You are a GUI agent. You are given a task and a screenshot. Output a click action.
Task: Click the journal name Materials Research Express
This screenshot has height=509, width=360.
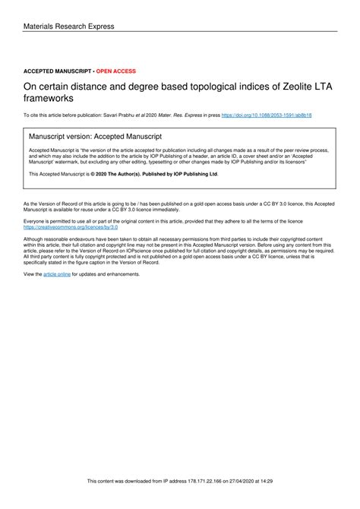pyautogui.click(x=69, y=27)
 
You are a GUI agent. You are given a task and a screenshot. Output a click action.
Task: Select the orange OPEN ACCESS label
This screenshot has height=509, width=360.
pyautogui.click(x=116, y=70)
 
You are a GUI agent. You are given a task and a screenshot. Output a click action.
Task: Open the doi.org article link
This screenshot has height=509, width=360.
pyautogui.click(x=267, y=115)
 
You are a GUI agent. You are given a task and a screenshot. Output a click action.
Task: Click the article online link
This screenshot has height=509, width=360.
pyautogui.click(x=57, y=273)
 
